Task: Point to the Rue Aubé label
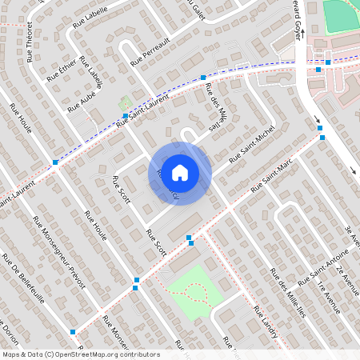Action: coord(82,101)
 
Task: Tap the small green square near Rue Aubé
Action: coord(124,104)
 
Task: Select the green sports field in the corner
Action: coord(342,15)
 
